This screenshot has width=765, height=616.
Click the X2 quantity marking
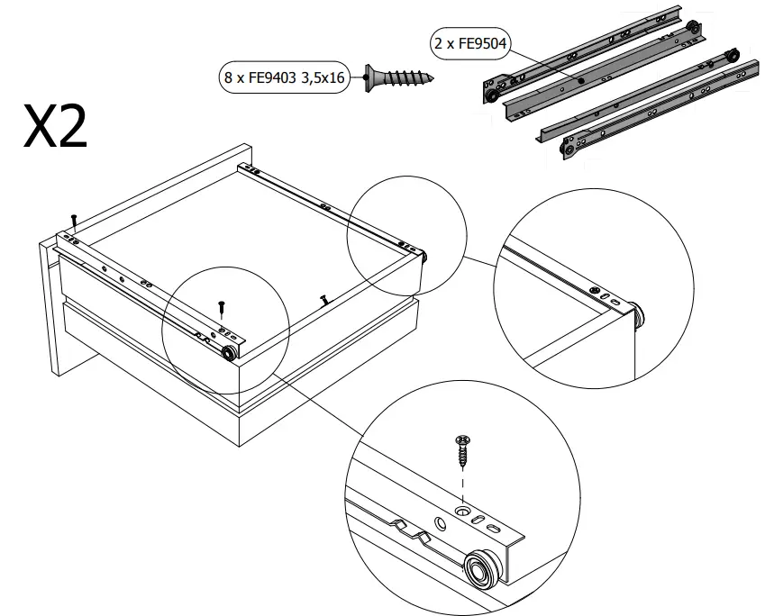(x=56, y=128)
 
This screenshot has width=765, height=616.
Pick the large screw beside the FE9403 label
(x=396, y=77)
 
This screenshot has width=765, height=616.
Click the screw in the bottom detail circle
(x=463, y=449)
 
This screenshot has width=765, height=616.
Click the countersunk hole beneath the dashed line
(x=463, y=512)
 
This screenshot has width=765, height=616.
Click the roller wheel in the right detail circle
(x=639, y=315)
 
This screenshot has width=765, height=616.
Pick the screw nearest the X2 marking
(x=75, y=220)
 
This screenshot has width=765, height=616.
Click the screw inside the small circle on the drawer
(x=221, y=307)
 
